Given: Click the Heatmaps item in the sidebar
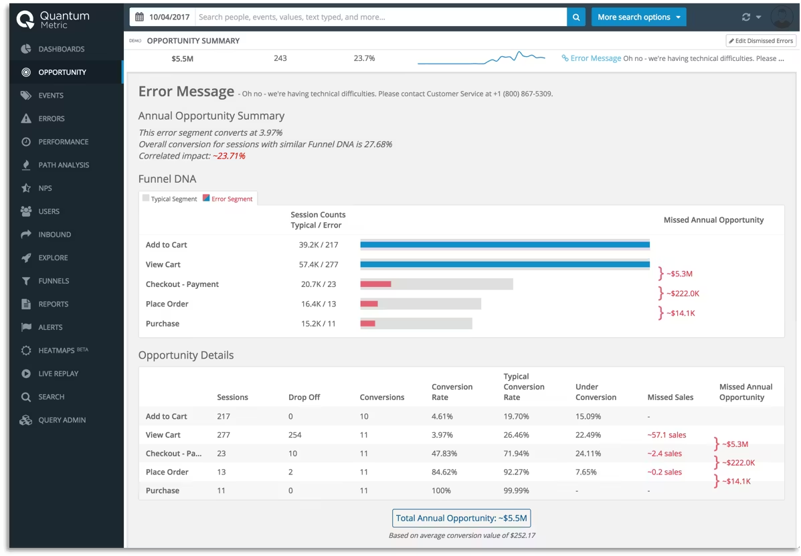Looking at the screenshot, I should point(57,351).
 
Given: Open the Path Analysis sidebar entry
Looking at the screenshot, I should point(64,165).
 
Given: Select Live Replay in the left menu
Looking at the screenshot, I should point(58,374).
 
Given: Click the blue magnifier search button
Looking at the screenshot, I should point(576,17).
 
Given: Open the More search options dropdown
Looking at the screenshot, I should point(638,17).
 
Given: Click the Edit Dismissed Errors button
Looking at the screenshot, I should point(761,41).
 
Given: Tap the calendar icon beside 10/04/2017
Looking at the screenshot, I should point(139,17).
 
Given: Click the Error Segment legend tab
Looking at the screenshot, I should point(228,199).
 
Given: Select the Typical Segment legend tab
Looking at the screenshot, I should point(170,199).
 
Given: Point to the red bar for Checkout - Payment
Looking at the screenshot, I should point(375,284).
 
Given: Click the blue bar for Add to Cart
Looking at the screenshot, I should point(505,245).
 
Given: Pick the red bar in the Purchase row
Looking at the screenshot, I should point(367,324).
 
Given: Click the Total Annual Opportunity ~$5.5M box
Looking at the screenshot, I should point(462,518).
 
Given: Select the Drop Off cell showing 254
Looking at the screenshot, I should point(294,435).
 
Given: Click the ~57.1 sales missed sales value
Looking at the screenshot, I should point(666,435).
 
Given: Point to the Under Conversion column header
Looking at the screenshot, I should point(596,392).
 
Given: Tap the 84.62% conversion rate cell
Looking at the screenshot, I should point(445,472).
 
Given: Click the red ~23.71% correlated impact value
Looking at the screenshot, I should point(229,156).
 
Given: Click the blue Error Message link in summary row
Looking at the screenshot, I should point(596,59).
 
